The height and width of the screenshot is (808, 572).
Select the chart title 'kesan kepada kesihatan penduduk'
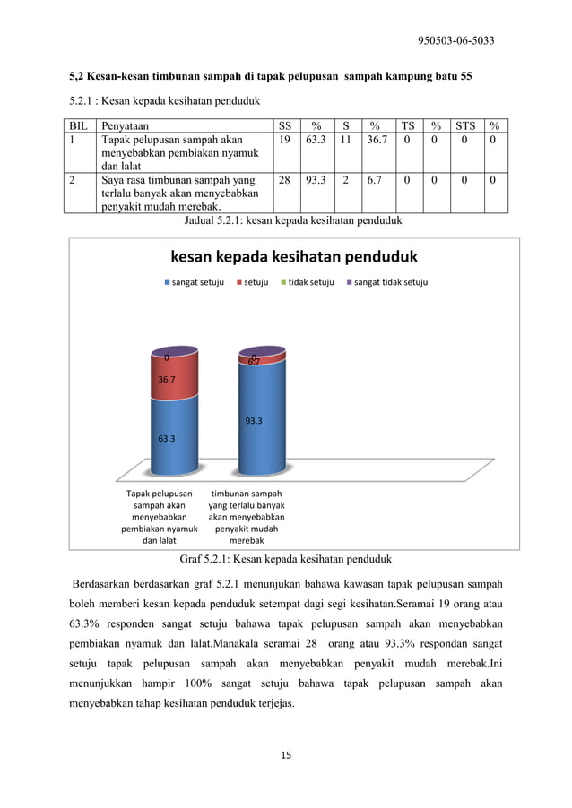(x=294, y=258)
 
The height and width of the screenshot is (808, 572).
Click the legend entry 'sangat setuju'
(x=194, y=282)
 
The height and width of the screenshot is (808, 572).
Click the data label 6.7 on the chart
(x=255, y=361)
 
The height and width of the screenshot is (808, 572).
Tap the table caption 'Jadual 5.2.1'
(x=291, y=219)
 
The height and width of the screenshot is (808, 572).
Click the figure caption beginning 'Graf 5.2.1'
(x=286, y=561)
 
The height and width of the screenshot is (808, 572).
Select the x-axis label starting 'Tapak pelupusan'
(x=159, y=517)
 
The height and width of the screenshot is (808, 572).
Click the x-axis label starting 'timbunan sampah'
(x=247, y=517)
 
